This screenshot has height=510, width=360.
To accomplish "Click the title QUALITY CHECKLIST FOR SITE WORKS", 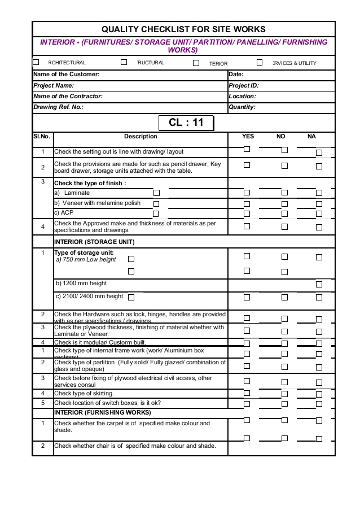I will (183, 29).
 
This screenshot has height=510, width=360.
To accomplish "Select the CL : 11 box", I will (186, 123).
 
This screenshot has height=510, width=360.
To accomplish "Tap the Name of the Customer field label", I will (67, 74).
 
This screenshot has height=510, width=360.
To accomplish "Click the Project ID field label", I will (244, 85).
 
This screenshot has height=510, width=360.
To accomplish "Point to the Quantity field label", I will (242, 107).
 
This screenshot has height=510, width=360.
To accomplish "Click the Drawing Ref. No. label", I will (59, 107).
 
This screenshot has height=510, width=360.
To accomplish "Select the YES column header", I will (248, 136).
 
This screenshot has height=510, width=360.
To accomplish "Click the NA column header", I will (311, 136).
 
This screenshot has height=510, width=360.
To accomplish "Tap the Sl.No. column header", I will (42, 136).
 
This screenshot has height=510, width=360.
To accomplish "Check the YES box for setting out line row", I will (247, 150).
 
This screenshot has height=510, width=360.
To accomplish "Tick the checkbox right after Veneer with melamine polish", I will (156, 203).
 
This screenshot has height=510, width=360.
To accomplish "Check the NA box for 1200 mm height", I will (319, 284).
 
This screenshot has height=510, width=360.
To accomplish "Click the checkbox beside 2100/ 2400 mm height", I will (131, 297).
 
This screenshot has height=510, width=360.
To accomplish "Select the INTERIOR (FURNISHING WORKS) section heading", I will (94, 412).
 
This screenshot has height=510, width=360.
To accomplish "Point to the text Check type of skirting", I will (84, 393).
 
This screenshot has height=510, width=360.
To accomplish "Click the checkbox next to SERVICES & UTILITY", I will (260, 62).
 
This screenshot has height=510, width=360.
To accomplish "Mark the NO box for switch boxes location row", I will (284, 404).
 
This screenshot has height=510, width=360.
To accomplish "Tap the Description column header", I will (141, 136).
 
